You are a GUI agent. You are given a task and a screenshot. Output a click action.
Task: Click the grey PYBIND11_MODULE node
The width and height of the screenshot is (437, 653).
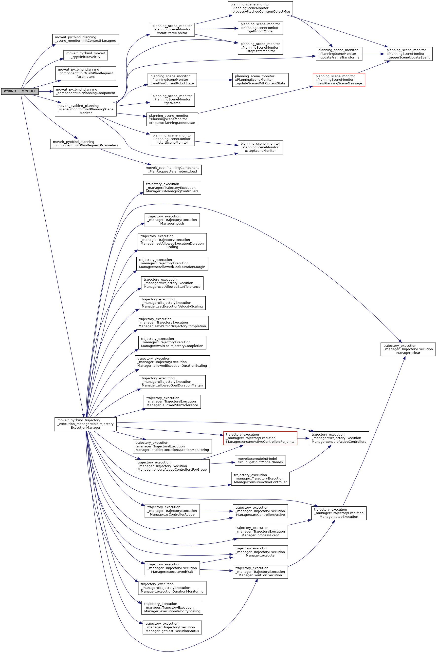click(20, 91)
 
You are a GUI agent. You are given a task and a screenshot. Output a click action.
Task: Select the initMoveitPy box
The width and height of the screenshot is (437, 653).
click(86, 55)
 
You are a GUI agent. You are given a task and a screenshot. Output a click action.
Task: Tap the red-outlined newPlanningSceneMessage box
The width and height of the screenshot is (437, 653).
click(339, 80)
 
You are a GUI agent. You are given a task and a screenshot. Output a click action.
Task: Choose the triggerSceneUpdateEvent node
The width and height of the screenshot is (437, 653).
click(408, 54)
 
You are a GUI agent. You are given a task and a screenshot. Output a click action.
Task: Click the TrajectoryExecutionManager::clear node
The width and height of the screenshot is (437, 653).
click(408, 349)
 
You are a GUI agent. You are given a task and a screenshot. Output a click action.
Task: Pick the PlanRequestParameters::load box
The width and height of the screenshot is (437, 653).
click(172, 170)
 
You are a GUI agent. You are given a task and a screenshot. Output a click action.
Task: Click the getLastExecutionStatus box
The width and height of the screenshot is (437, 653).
click(172, 627)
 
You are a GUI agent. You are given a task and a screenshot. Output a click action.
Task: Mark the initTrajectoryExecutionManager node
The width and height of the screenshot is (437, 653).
click(86, 424)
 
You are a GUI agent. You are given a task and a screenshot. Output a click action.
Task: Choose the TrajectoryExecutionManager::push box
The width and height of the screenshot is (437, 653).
click(172, 220)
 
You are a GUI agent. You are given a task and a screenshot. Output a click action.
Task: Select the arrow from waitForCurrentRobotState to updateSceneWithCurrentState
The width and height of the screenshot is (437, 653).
click(214, 80)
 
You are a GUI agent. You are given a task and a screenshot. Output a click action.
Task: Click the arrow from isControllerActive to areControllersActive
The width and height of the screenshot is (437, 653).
click(216, 511)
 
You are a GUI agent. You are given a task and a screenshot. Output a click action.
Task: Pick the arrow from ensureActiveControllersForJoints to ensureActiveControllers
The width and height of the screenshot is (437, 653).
click(303, 438)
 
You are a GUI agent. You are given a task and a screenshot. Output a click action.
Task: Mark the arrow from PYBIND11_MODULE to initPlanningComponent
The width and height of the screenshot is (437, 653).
click(46, 91)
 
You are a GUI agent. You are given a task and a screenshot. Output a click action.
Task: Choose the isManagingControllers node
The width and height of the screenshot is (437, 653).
click(172, 188)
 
